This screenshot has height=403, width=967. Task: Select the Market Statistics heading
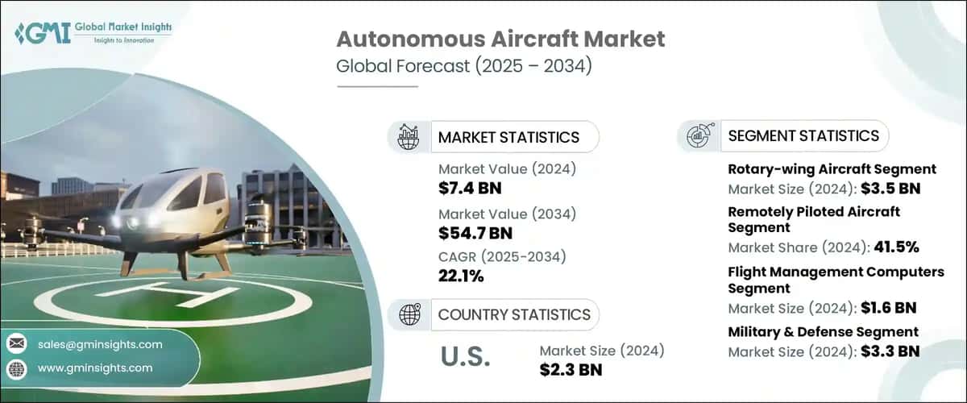pos(508,137)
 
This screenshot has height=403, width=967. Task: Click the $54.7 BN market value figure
pos(475,233)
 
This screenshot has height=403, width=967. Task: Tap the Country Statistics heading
pos(514,314)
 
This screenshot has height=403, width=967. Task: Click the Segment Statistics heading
pos(803,136)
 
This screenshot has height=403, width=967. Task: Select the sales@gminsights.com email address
pos(100,344)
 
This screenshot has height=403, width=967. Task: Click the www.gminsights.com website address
pos(95,368)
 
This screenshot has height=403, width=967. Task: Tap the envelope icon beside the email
pos(16,344)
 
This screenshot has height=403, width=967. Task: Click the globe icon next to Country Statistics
pos(409,314)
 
